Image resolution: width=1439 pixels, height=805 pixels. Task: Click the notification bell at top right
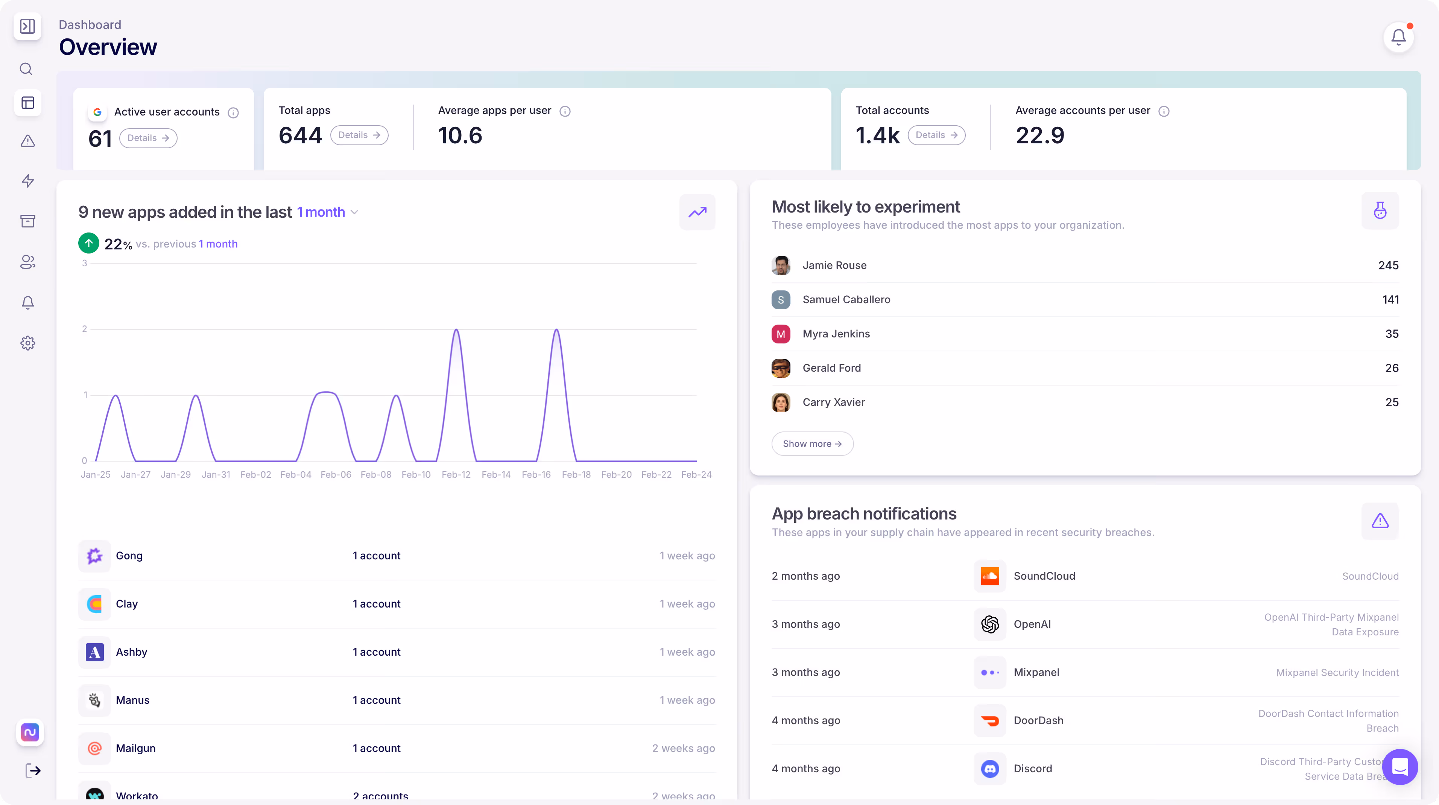click(x=1398, y=38)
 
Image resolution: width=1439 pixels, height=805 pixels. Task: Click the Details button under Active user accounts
click(x=148, y=138)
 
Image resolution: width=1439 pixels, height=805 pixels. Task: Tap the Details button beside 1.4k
click(x=936, y=135)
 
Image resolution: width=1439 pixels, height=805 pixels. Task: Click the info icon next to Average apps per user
click(x=565, y=111)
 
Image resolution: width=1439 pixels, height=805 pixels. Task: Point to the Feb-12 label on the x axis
click(x=456, y=474)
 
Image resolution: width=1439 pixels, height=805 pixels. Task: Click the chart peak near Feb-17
click(x=556, y=331)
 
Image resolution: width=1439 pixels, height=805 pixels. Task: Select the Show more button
click(x=812, y=444)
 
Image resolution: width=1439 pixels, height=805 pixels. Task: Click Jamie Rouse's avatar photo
click(x=780, y=265)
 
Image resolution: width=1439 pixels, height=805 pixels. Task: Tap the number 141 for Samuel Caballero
click(x=1390, y=299)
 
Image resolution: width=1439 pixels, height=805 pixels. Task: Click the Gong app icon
click(x=94, y=556)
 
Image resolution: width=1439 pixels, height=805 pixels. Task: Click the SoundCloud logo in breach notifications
click(x=989, y=576)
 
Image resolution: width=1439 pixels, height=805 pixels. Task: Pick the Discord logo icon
click(x=989, y=769)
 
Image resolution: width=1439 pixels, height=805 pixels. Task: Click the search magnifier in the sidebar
click(x=26, y=69)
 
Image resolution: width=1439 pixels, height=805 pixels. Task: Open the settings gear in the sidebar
click(x=27, y=343)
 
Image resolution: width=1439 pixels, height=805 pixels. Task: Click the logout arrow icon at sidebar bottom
click(x=33, y=771)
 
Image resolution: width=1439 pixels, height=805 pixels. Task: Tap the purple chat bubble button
click(x=1399, y=767)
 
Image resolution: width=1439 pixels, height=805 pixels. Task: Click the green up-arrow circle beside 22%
click(x=89, y=243)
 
